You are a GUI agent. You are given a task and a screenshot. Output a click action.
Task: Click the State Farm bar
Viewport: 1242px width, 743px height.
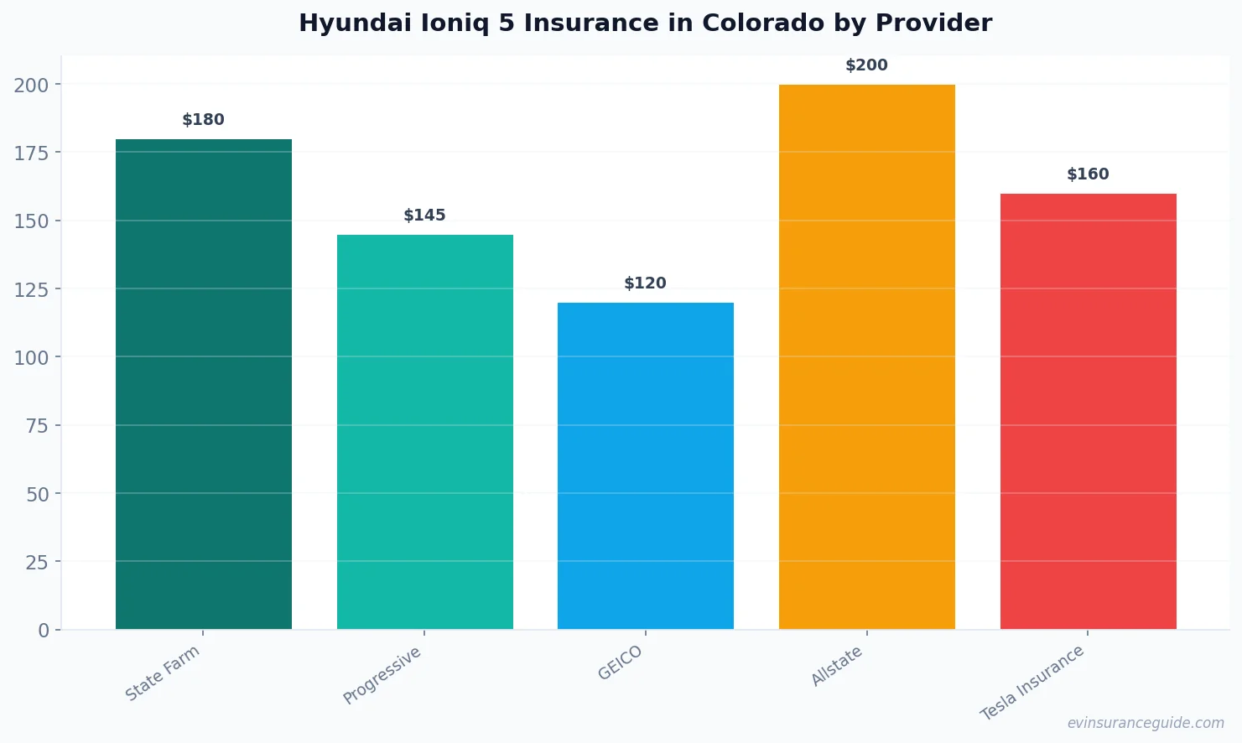(x=203, y=383)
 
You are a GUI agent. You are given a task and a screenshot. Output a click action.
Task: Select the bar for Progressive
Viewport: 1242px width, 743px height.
(x=424, y=431)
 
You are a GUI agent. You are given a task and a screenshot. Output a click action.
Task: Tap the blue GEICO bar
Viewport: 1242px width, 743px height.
(x=645, y=465)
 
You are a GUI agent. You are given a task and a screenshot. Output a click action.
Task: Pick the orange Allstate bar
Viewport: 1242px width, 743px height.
(x=866, y=356)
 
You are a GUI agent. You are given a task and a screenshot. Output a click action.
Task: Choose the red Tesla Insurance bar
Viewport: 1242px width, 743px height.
(x=1088, y=411)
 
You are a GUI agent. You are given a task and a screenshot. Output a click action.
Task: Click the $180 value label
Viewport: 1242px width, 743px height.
(x=203, y=120)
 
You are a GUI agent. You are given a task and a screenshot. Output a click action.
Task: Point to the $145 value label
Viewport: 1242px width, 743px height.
(x=424, y=216)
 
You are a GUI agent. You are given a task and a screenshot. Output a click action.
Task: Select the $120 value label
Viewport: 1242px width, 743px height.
(x=645, y=283)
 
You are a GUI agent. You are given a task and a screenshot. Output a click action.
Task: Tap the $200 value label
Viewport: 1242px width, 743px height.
(x=866, y=65)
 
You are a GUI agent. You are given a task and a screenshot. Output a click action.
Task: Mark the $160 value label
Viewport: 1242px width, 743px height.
(x=1088, y=174)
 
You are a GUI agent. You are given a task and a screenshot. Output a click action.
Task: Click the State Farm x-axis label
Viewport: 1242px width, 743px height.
(x=163, y=673)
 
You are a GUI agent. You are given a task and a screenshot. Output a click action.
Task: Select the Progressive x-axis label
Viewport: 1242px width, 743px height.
(x=382, y=675)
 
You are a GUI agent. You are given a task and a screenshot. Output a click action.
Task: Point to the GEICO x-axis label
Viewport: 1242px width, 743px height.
(x=621, y=662)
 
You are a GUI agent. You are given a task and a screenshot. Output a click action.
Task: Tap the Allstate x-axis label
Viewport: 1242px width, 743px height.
(x=837, y=666)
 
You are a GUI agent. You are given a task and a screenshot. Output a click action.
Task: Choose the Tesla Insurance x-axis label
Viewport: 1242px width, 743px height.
(x=1032, y=683)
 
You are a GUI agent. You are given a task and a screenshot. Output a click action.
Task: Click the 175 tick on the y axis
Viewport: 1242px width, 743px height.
(x=31, y=153)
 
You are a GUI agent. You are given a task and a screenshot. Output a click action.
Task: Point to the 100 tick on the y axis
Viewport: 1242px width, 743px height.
(x=31, y=357)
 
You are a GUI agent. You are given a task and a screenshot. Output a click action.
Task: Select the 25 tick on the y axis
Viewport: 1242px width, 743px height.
(x=37, y=562)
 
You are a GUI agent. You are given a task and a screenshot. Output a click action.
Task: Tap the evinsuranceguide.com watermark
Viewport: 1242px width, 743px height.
(x=1146, y=723)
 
